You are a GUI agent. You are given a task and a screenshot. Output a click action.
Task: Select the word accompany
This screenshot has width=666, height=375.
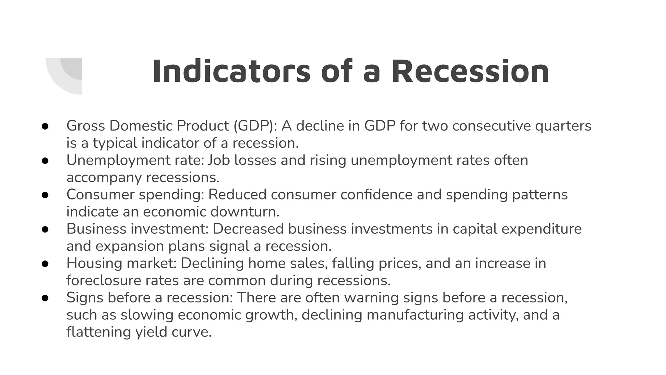(x=104, y=178)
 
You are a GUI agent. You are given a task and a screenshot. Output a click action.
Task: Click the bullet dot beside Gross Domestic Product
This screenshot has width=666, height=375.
(x=45, y=126)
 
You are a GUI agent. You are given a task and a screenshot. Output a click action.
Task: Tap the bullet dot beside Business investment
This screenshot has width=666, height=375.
(x=45, y=229)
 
